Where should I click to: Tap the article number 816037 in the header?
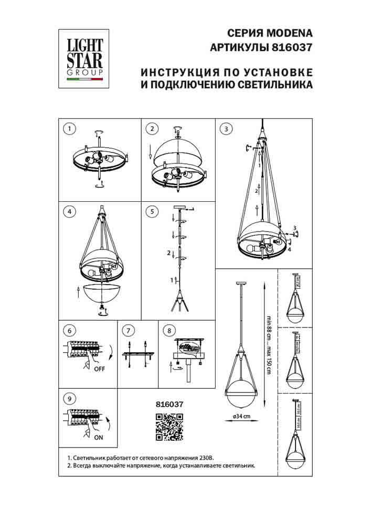coord(291,47)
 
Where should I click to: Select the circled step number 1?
coord(68,128)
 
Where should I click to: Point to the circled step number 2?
coord(152,128)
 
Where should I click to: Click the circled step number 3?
coord(225,128)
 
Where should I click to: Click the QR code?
coord(169,425)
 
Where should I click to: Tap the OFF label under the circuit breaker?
coord(98,368)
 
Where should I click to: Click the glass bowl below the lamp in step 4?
coord(100,294)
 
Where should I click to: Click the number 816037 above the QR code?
coord(169,403)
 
